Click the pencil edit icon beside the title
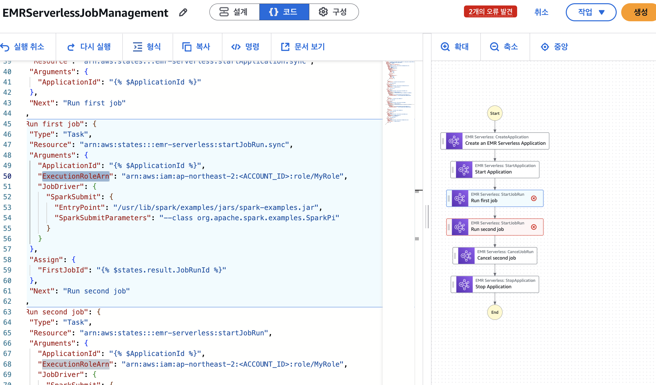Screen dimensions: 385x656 (183, 13)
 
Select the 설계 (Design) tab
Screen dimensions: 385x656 (234, 12)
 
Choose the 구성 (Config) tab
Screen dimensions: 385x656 (333, 12)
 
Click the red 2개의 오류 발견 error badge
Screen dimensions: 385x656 (490, 12)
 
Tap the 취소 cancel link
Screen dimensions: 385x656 (541, 12)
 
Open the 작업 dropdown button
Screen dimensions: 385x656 (591, 12)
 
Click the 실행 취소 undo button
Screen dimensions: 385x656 (23, 47)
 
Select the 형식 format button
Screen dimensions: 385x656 (147, 47)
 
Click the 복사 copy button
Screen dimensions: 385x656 (197, 47)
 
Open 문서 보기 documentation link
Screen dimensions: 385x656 (303, 47)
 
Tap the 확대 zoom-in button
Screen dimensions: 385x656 (455, 47)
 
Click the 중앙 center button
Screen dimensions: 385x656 (555, 47)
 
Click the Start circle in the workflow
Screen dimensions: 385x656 (495, 113)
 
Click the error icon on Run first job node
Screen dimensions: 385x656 (534, 198)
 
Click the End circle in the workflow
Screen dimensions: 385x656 (495, 312)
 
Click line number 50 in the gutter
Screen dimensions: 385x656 (7, 176)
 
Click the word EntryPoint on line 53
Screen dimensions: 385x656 (80, 207)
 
